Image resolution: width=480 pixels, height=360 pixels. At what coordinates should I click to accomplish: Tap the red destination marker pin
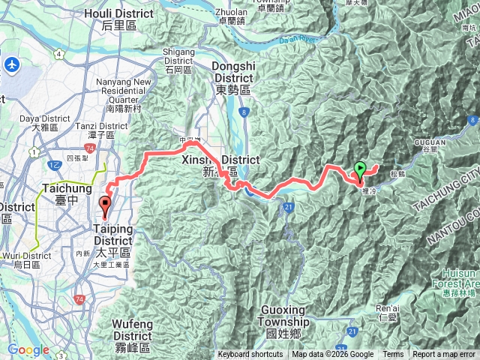click(106, 203)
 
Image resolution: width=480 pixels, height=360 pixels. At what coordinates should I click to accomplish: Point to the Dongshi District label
click(234, 70)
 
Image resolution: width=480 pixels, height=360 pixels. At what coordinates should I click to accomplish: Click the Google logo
click(28, 350)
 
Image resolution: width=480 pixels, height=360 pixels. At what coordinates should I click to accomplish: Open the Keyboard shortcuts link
click(250, 355)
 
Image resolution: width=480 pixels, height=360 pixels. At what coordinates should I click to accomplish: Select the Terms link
click(393, 355)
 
